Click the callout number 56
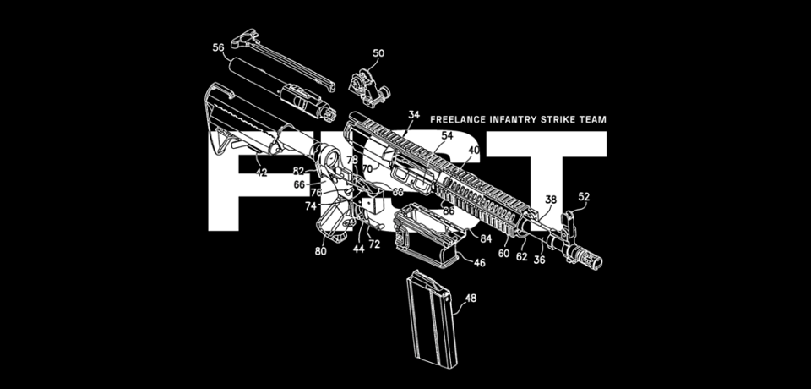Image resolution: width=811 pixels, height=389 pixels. [218, 49]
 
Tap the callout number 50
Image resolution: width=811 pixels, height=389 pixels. [378, 52]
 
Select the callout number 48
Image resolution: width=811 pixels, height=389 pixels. [471, 299]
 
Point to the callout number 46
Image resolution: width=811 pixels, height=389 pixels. [479, 264]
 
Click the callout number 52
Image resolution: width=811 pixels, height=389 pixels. [584, 197]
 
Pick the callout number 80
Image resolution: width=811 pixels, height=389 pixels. [321, 251]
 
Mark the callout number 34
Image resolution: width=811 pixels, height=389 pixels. [414, 114]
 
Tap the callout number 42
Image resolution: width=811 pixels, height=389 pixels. [261, 173]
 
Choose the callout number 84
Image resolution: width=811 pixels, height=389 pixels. [486, 239]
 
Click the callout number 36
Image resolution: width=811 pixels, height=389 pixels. [539, 260]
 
